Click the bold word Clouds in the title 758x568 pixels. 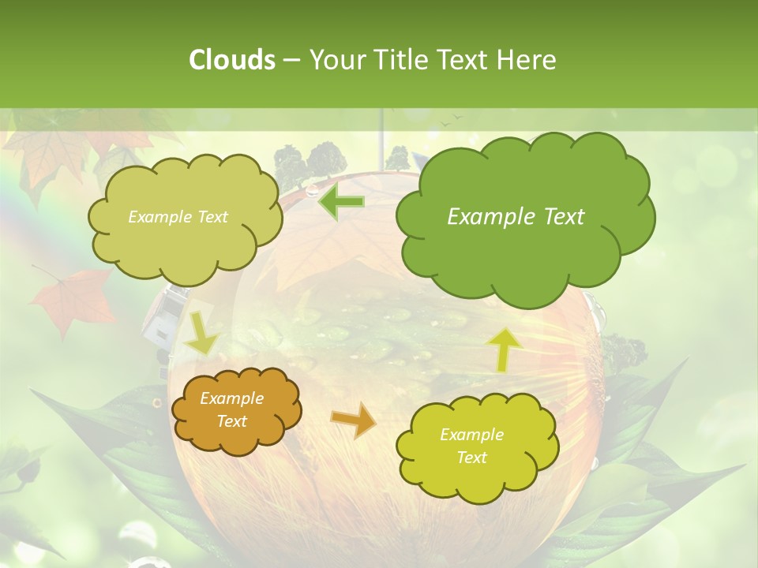pyautogui.click(x=231, y=59)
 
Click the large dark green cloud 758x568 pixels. pyautogui.click(x=524, y=217)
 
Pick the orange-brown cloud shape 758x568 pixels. pyautogui.click(x=236, y=411)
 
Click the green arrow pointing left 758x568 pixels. pyautogui.click(x=341, y=202)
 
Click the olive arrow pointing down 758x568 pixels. pyautogui.click(x=202, y=332)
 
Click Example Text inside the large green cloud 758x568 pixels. pyautogui.click(x=516, y=217)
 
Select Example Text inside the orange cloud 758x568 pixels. pyautogui.click(x=231, y=410)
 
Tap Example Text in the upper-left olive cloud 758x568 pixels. pyautogui.click(x=178, y=217)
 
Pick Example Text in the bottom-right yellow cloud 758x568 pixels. pyautogui.click(x=471, y=446)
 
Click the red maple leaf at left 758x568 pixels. pyautogui.click(x=73, y=299)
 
